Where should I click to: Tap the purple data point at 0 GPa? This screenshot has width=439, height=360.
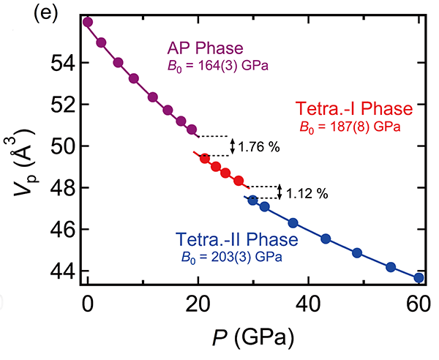[88, 22]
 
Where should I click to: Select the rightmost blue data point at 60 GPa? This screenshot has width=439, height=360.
[419, 278]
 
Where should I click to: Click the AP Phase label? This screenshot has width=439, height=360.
[205, 49]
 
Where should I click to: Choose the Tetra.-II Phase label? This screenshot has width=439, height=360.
[236, 239]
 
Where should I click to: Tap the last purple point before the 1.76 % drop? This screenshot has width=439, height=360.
[192, 130]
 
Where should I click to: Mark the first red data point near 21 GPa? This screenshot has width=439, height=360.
[205, 158]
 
